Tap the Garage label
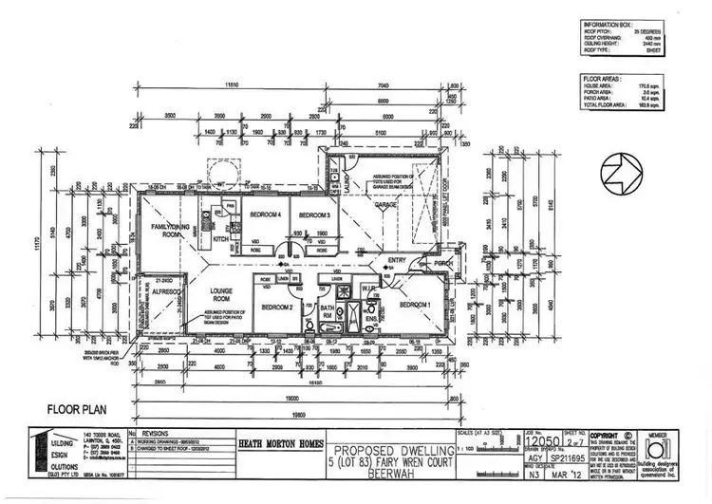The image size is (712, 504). point(384,205)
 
